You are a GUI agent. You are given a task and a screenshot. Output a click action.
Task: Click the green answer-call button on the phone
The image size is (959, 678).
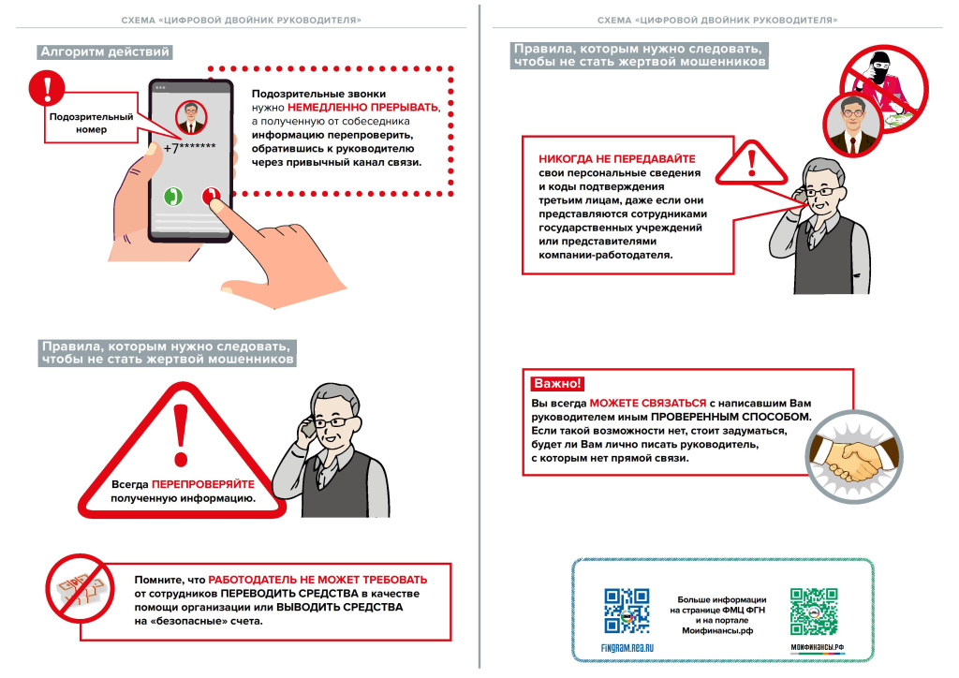[173, 197]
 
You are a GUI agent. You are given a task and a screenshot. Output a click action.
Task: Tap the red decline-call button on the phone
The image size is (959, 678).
[211, 197]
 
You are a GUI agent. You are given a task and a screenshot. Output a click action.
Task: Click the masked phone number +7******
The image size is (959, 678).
[190, 148]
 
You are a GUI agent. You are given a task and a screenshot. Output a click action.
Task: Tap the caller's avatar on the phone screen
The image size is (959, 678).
[191, 117]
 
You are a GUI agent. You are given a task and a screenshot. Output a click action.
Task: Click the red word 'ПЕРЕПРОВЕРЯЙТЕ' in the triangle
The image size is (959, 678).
[202, 485]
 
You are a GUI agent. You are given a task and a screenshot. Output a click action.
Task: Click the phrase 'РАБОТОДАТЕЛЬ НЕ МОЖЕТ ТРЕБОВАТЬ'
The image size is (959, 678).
[317, 580]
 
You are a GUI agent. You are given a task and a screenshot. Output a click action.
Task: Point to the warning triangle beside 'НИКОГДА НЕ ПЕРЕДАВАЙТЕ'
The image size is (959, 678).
[751, 161]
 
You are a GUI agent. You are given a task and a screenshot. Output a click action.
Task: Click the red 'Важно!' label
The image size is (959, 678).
[556, 384]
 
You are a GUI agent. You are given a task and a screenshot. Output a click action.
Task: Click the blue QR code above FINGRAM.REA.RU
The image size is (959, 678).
[627, 611]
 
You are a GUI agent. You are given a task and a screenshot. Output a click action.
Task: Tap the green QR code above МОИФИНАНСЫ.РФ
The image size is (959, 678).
[813, 611]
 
